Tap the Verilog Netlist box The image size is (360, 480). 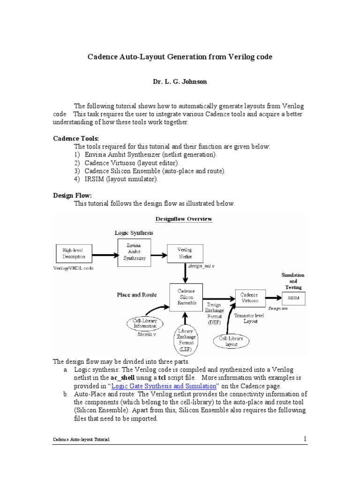[184, 253]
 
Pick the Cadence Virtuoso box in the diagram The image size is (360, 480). [249, 299]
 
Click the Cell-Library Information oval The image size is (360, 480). [144, 323]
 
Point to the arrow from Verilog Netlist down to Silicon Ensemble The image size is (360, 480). [184, 273]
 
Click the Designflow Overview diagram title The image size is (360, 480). [183, 219]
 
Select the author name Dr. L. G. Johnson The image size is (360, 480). [180, 82]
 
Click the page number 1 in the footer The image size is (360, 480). [304, 439]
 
